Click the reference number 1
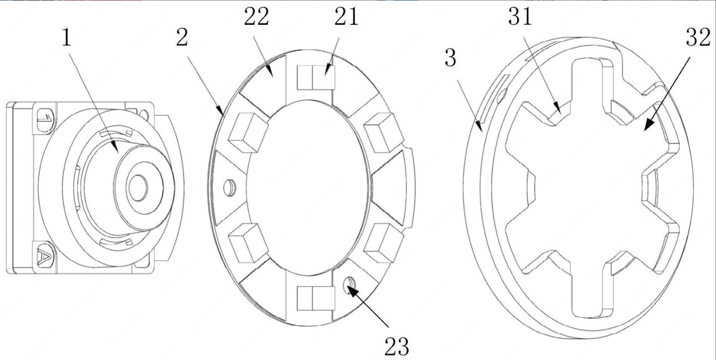66,38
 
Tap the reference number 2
182,38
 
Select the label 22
257,16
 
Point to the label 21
346,16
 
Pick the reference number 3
450,58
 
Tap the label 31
520,16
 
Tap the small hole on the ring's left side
230,187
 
